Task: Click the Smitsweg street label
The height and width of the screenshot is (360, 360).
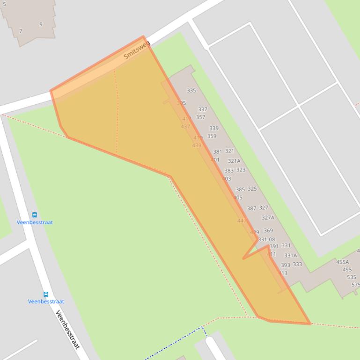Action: coord(137,50)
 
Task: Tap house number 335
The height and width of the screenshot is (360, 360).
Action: coord(191,91)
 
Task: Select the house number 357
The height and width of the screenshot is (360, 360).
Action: coord(200,117)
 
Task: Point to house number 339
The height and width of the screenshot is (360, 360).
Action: coord(213,128)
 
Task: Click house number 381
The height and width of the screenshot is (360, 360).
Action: coord(218,152)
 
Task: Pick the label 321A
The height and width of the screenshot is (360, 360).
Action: coord(234,161)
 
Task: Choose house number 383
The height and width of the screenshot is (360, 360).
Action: coord(229,171)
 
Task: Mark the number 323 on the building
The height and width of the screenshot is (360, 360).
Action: coord(241,170)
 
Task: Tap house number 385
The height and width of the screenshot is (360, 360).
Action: coord(240,190)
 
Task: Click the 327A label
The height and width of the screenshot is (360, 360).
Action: coord(268,218)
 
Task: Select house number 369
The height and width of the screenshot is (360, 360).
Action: coord(268,230)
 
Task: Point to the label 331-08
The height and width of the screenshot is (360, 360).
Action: coord(266,239)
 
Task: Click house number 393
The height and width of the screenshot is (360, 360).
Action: coord(285,265)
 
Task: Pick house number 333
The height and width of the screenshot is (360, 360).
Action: coord(297,264)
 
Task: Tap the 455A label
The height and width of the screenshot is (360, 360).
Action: coord(342,262)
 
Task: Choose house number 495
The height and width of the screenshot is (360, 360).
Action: coord(347,270)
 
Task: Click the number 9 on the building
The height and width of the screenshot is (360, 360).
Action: coord(41,24)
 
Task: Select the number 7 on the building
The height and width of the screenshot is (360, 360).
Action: coord(21,31)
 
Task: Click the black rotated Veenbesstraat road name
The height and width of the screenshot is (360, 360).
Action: coord(67,329)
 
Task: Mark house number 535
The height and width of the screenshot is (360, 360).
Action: coord(351,277)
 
